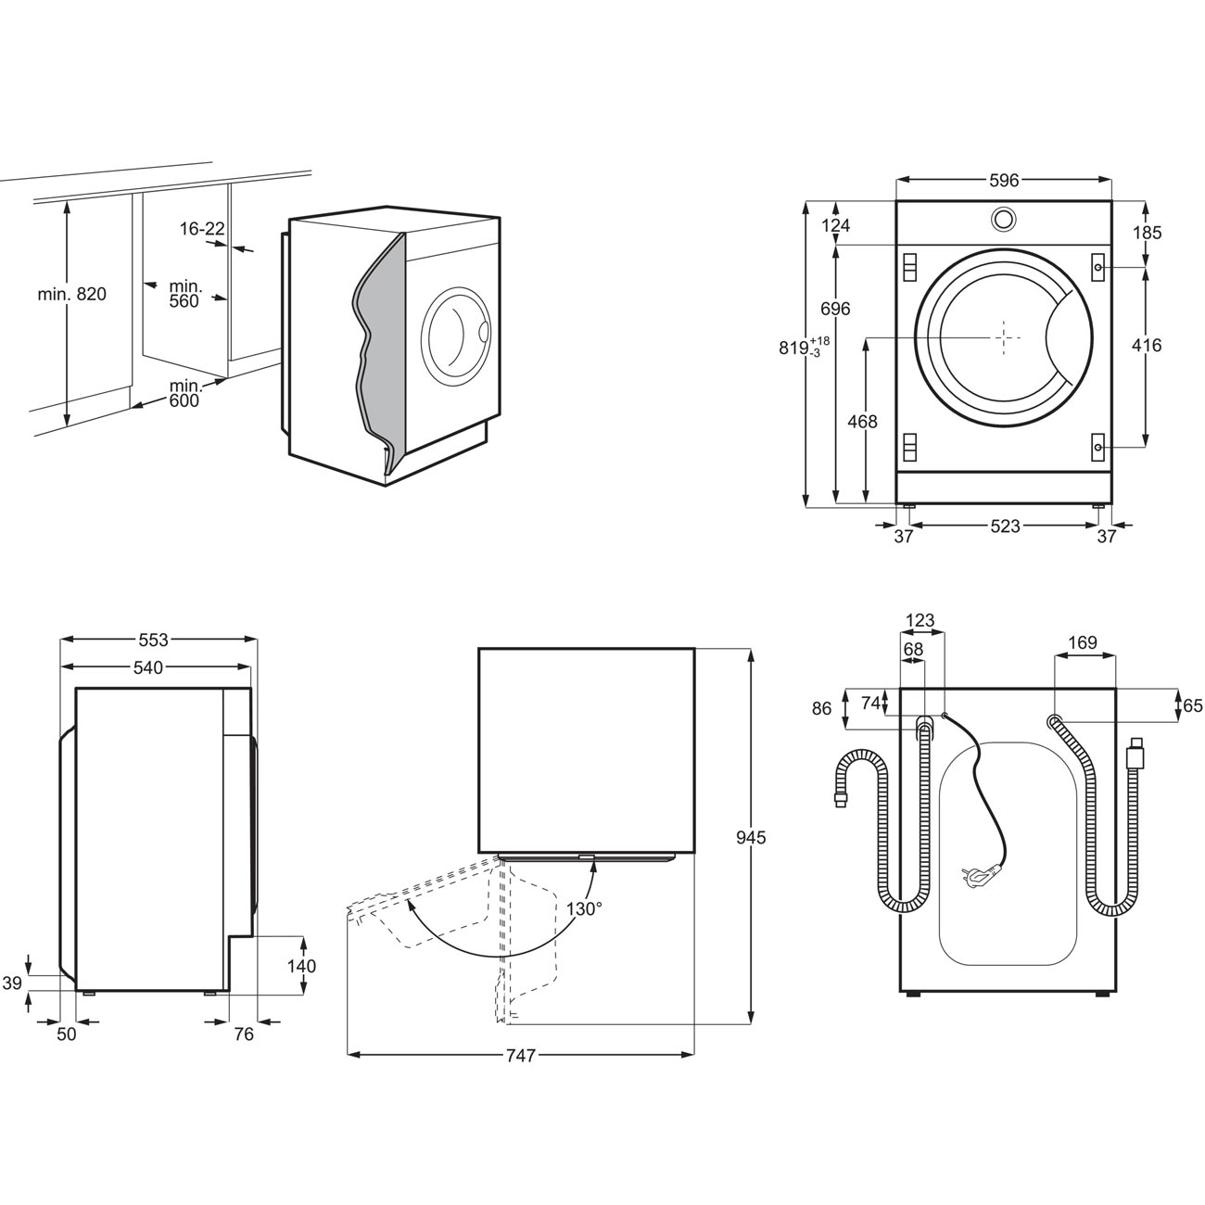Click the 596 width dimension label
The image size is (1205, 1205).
click(1004, 180)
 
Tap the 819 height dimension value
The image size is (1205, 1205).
click(793, 348)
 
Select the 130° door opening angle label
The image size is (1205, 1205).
click(584, 908)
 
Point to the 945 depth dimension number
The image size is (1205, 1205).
click(751, 837)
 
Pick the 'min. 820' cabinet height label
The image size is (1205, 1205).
click(72, 294)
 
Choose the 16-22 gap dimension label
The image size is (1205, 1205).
click(202, 229)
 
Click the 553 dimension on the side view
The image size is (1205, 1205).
click(154, 640)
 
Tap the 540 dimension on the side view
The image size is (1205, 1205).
click(148, 667)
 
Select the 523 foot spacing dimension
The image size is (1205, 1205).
click(1005, 526)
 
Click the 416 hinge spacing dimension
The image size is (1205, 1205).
click(1147, 345)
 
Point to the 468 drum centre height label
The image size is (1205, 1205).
click(862, 422)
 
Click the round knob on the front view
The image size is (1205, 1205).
click(1003, 218)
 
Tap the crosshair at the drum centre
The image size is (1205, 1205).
click(1004, 337)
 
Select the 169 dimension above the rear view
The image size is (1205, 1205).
click(1083, 642)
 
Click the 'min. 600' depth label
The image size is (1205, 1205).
click(185, 393)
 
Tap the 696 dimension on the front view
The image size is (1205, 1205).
click(836, 309)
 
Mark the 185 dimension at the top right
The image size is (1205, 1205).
click(1147, 233)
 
